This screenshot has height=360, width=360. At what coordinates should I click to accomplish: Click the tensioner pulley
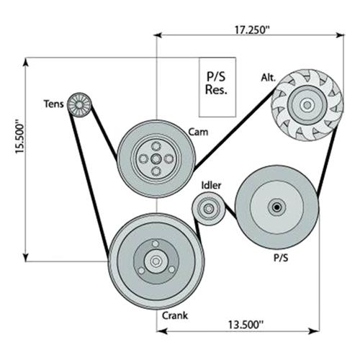tap(79, 104)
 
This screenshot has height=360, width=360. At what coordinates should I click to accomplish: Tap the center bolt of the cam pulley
tap(156, 158)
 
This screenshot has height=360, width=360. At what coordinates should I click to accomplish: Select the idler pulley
tap(208, 209)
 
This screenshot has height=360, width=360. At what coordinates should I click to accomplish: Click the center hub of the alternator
tap(307, 105)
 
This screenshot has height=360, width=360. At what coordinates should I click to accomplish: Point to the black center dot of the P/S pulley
tap(276, 207)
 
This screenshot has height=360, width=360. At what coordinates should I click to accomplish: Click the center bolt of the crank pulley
tap(156, 261)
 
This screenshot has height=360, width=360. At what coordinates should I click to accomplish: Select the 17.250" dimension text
tap(252, 30)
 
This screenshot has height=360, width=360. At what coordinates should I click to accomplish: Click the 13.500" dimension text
tap(246, 325)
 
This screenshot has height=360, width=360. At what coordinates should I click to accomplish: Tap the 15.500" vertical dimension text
tap(20, 138)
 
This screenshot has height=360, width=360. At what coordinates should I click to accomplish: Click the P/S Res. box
tap(217, 87)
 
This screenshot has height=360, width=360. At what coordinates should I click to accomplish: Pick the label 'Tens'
tap(54, 104)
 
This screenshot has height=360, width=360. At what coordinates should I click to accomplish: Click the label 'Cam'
tap(198, 132)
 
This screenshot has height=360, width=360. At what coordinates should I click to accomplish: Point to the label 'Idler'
tap(211, 185)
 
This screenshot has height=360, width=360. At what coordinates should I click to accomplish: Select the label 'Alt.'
tap(269, 78)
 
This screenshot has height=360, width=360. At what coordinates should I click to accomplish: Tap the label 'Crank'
tap(175, 315)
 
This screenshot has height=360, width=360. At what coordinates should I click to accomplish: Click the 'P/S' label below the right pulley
tap(281, 258)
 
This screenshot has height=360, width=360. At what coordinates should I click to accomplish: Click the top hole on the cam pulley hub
tap(156, 145)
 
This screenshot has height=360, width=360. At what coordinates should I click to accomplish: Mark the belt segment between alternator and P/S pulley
tap(327, 161)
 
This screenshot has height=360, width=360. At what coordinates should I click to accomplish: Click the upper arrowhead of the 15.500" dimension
tap(26, 62)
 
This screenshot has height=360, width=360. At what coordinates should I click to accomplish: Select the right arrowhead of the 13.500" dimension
tap(315, 331)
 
